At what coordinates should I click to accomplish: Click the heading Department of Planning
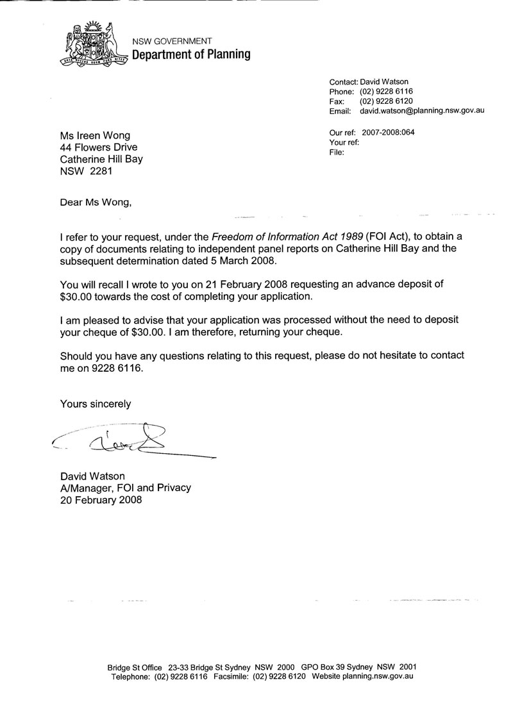191,54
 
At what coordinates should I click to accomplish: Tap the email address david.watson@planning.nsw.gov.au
421,111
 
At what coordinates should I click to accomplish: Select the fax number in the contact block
385,101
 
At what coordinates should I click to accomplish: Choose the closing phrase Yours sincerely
96,404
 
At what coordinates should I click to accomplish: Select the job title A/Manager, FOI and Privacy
125,488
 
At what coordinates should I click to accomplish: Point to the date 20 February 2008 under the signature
101,500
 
